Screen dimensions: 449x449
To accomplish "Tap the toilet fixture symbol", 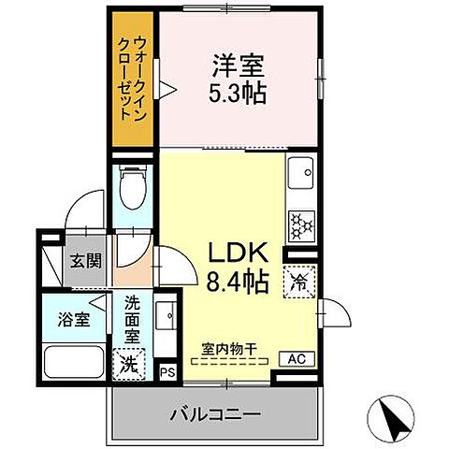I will (x=133, y=191).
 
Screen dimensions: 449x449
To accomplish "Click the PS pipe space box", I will (x=168, y=371).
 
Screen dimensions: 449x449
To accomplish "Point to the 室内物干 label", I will (x=229, y=350).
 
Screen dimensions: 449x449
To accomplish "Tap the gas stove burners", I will (x=302, y=225).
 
